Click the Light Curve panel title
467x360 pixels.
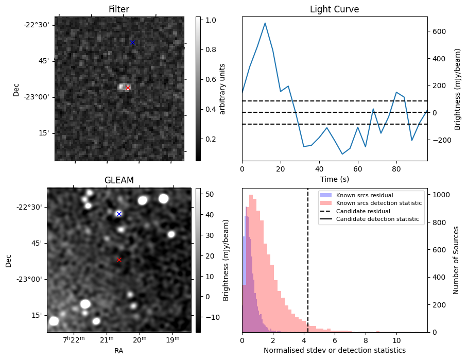point(334,9)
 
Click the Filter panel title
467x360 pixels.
point(119,9)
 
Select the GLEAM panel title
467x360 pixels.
point(119,180)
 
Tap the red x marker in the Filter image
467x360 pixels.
point(128,88)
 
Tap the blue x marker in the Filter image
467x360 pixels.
point(132,42)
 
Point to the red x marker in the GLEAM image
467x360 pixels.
point(119,260)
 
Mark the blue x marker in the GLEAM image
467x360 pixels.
point(119,214)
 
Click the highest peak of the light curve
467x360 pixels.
point(265,23)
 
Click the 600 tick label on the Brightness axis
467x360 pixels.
point(438,31)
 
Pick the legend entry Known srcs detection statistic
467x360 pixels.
point(378,203)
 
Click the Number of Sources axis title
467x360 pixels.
point(457,260)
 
